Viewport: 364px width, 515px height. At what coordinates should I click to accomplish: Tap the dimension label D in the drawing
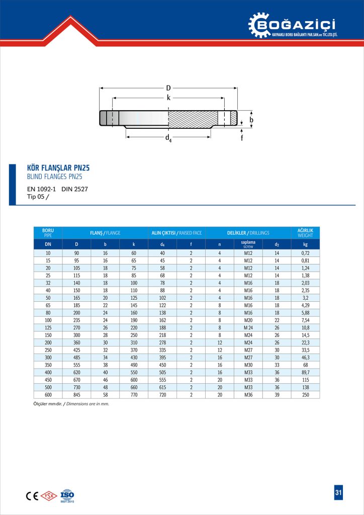168,88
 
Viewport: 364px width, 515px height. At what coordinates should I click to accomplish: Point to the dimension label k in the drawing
168,98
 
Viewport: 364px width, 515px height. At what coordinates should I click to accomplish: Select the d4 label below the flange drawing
168,138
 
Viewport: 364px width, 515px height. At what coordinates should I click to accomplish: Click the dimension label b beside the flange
251,120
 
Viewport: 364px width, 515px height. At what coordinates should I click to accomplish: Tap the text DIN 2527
75,190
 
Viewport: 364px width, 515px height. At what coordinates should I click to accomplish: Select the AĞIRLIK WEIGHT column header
305,233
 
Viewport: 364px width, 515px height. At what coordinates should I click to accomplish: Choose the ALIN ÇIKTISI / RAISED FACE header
176,233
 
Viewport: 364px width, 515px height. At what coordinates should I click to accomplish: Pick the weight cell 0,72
305,253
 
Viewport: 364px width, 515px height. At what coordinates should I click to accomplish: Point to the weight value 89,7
305,372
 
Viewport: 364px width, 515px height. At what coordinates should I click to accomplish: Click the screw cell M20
248,319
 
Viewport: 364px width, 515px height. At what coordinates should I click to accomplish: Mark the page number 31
338,493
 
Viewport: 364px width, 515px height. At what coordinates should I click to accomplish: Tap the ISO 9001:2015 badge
67,495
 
